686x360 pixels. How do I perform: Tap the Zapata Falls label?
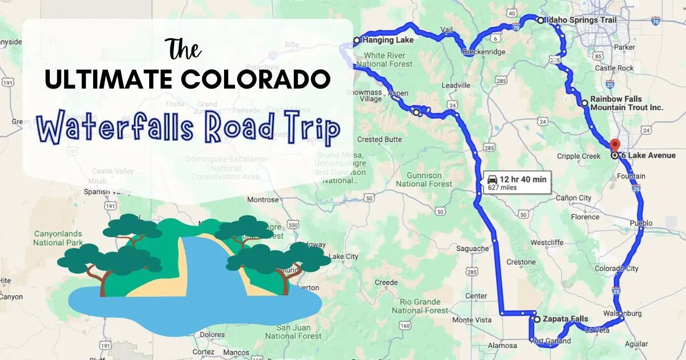point(565,319)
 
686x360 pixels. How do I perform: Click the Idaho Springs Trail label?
point(581,20)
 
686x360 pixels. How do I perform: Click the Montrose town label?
point(263,200)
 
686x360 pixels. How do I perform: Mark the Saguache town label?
point(472,249)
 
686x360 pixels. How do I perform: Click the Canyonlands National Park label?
point(58,238)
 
